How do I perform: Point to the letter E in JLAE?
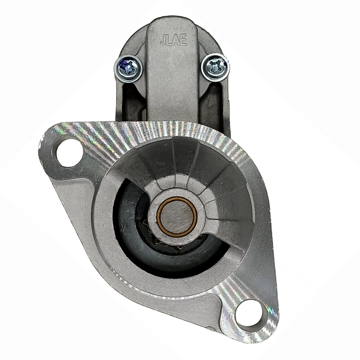click(184, 40)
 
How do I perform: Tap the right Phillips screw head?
click(215, 67)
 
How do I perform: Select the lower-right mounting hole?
click(249, 314)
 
